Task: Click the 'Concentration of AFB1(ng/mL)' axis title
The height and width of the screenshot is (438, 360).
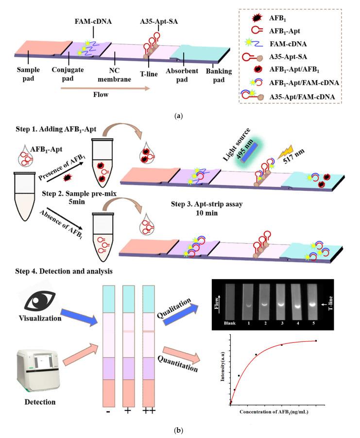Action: tap(275, 412)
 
